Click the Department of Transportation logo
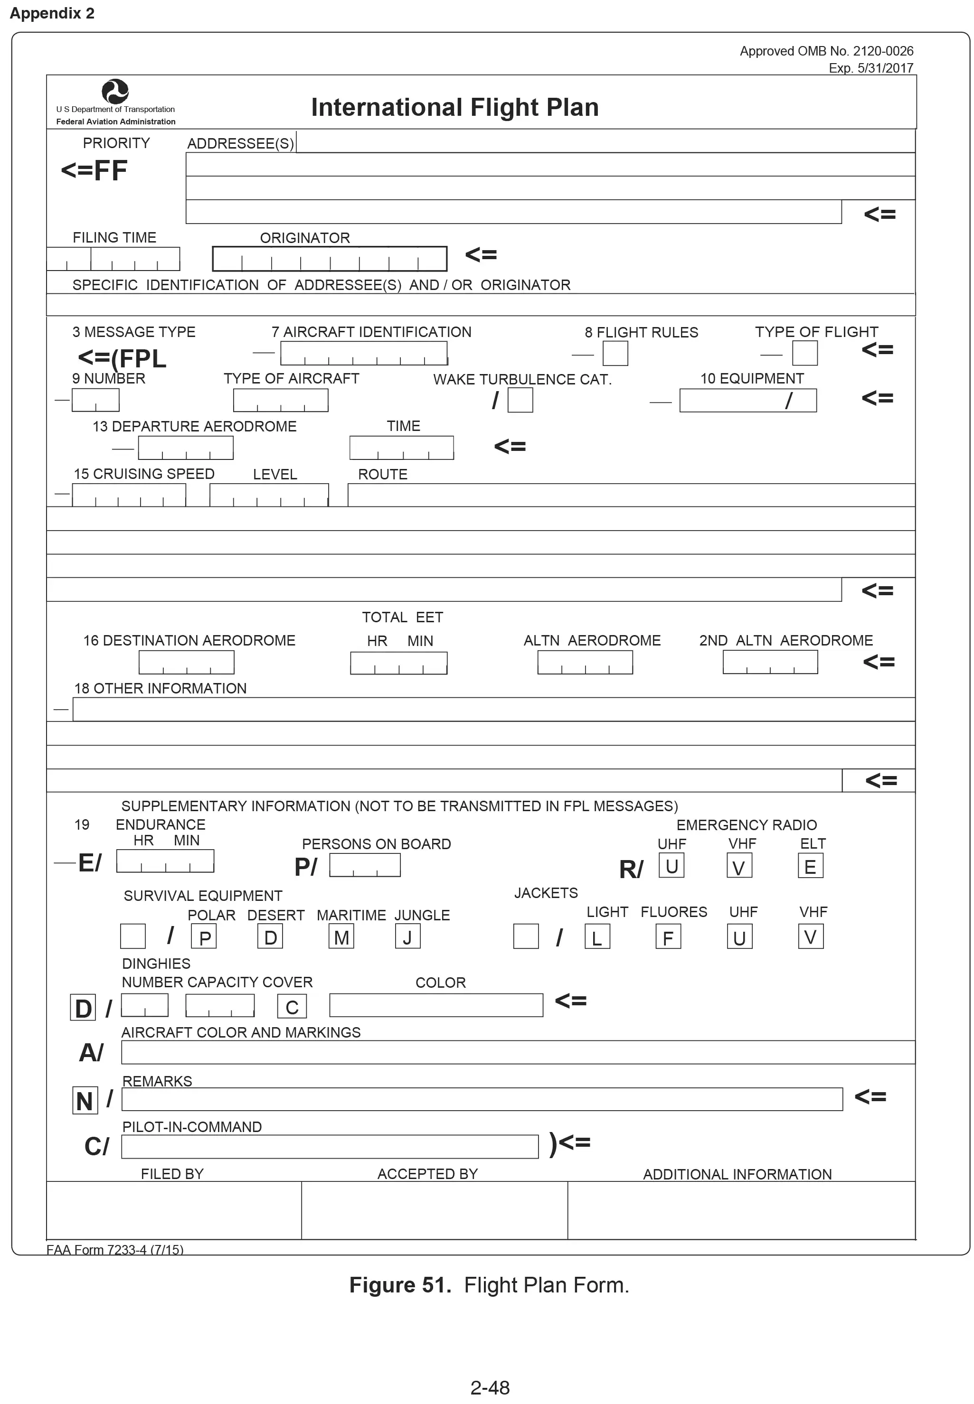coord(115,92)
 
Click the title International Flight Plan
coord(454,107)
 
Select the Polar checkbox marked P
coord(204,937)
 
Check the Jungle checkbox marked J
coord(407,936)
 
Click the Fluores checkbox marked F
coord(668,937)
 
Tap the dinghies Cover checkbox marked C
coord(292,1006)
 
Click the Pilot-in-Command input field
coord(330,1147)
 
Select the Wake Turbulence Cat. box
coord(520,400)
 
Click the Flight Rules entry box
coord(615,354)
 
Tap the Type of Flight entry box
coord(804,353)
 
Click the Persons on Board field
coord(364,865)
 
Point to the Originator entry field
coord(330,259)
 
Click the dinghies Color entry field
coord(436,1005)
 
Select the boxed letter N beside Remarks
coord(85,1100)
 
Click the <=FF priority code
coord(94,170)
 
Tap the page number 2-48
coord(490,1387)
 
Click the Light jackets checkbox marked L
coord(597,937)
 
